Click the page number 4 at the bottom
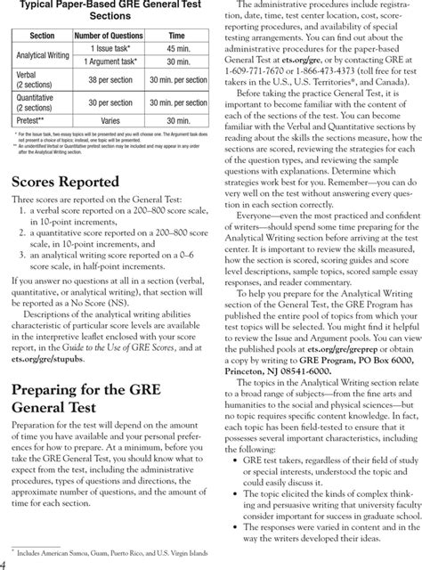[x=4, y=563]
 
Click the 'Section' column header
[x=42, y=35]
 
